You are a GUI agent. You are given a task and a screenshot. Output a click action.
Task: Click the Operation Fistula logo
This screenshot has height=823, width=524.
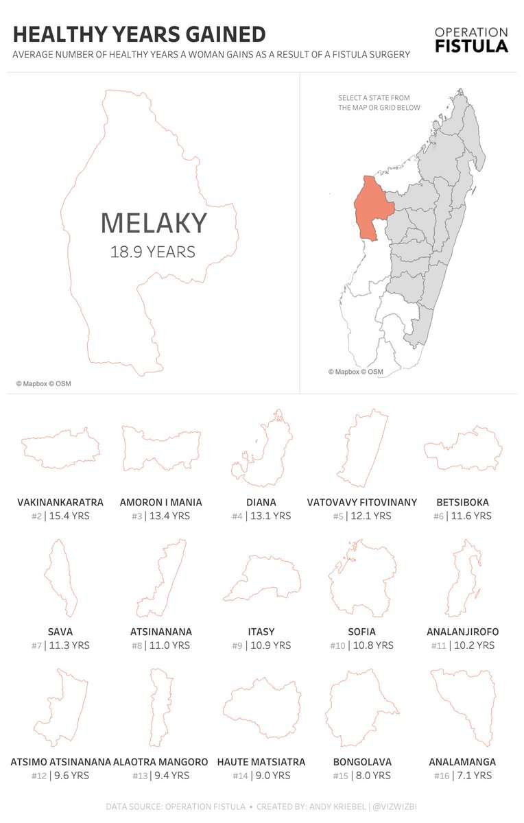tap(471, 40)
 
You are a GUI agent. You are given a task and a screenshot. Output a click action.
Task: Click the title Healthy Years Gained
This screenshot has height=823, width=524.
tap(139, 34)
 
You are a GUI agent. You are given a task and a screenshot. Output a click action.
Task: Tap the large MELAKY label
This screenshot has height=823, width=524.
tap(153, 224)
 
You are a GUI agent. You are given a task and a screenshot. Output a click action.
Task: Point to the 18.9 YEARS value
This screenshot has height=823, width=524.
tap(153, 252)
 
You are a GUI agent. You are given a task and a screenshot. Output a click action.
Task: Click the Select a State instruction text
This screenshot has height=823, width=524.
tap(379, 103)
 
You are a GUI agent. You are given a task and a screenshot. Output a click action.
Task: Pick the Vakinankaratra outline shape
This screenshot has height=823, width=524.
tap(61, 449)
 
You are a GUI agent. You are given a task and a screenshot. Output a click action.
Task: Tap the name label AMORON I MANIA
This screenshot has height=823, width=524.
tap(160, 503)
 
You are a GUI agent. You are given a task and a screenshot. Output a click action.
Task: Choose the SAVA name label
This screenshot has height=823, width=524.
tap(60, 632)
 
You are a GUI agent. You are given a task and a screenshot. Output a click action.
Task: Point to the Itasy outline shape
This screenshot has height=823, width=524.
tap(262, 579)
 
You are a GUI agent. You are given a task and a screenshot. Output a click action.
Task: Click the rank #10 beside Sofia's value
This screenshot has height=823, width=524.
tap(339, 645)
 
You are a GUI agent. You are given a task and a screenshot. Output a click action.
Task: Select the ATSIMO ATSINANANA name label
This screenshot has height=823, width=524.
tap(60, 762)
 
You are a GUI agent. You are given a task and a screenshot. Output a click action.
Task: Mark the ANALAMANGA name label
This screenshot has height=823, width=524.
tap(462, 762)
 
